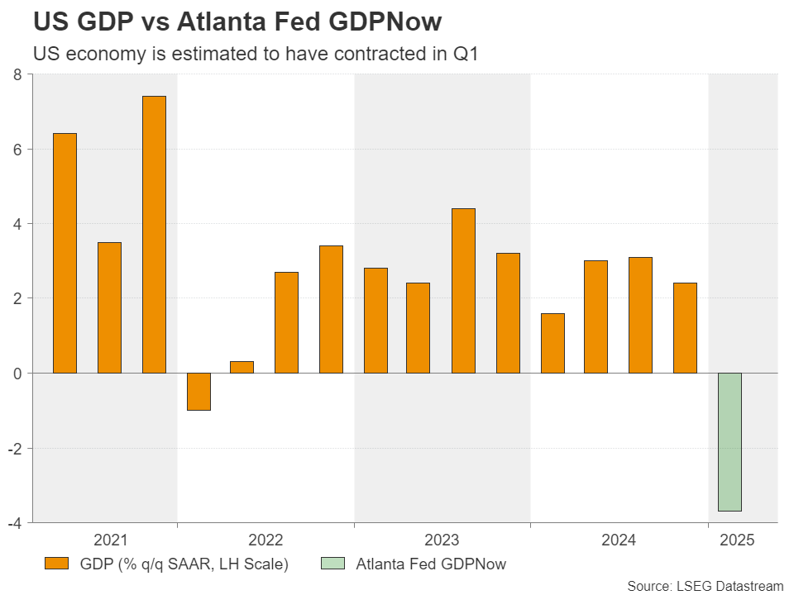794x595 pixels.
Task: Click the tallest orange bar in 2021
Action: [x=154, y=234]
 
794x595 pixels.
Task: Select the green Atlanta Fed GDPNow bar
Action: [x=729, y=442]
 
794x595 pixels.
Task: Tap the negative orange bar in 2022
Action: [x=198, y=391]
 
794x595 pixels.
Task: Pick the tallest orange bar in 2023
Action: [x=463, y=290]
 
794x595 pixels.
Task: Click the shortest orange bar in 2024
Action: [x=552, y=343]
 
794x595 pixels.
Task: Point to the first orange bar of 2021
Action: [x=65, y=253]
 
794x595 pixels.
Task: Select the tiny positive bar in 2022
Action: [x=242, y=367]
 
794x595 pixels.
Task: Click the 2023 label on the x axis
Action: [x=442, y=540]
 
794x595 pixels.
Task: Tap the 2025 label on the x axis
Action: [x=737, y=540]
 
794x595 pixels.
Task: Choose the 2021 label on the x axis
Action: [x=110, y=540]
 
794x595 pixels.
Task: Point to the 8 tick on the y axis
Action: [x=17, y=75]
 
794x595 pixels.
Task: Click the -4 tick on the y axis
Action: [x=14, y=522]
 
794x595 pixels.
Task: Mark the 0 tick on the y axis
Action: [x=17, y=373]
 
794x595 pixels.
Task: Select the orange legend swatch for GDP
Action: [x=55, y=564]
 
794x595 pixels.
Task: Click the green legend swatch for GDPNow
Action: [x=331, y=564]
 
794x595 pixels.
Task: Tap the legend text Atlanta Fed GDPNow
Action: [x=431, y=564]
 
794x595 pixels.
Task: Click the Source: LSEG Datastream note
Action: [x=705, y=585]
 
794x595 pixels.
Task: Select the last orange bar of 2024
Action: [x=685, y=328]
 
